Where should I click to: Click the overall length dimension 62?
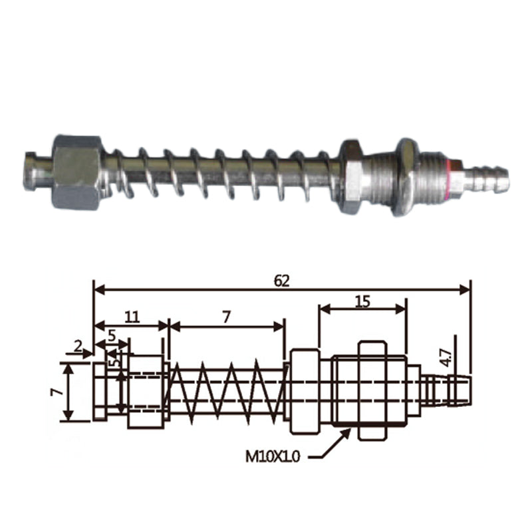pos(282,281)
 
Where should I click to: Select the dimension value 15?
pos(362,301)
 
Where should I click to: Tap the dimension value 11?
pos(132,317)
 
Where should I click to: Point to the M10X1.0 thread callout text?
pos(273,457)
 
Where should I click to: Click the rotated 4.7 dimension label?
pos(447,358)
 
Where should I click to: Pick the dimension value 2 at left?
pos(78,346)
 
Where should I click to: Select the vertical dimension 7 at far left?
pos(57,392)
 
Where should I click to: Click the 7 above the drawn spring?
pos(226,317)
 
